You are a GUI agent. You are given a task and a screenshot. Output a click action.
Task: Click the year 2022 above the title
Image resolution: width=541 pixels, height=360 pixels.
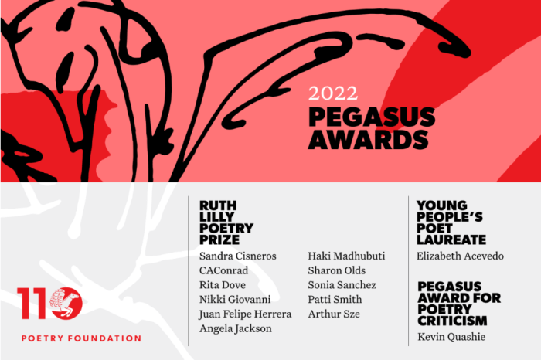[333, 94]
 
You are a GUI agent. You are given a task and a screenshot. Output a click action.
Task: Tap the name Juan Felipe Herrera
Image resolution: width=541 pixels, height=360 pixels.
[245, 314]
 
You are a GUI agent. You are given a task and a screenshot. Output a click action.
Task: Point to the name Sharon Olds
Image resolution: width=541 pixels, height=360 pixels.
[337, 270]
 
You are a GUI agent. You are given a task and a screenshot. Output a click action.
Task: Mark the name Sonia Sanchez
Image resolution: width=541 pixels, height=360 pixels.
[342, 285]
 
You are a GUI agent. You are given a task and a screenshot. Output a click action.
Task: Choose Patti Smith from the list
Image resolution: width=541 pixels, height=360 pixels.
[335, 300]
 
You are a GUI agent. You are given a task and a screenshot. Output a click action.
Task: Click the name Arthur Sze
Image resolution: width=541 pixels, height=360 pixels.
[334, 314]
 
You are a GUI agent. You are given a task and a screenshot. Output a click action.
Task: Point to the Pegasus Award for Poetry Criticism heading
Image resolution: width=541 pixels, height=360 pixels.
[459, 303]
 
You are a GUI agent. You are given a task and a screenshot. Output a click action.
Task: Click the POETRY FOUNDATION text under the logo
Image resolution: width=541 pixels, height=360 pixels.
[80, 338]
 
